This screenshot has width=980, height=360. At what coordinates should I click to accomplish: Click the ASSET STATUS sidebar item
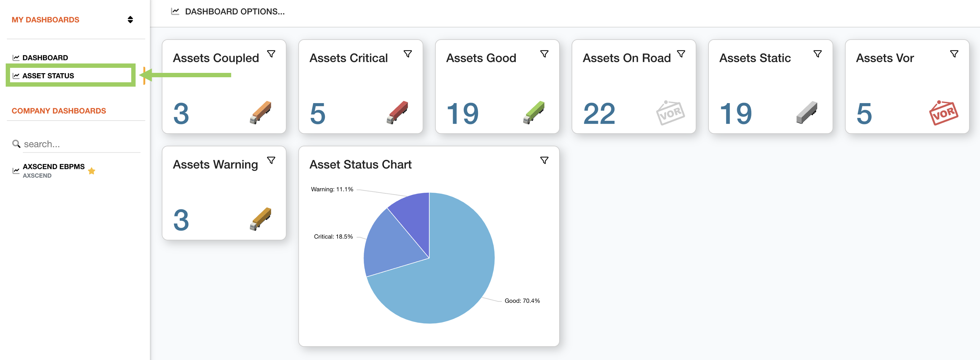48,76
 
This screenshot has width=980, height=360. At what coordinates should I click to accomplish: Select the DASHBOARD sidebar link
45,58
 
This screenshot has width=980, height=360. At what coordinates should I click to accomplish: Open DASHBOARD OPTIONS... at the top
234,11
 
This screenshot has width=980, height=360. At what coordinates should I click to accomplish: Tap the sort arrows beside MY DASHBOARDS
130,20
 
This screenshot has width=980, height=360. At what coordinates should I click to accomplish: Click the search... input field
80,144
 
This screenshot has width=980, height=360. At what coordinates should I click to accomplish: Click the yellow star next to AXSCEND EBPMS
92,171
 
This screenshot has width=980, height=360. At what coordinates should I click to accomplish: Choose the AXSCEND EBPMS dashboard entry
53,167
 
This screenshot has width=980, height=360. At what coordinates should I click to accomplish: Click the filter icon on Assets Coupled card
271,54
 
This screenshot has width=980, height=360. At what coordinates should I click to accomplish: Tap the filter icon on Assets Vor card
954,54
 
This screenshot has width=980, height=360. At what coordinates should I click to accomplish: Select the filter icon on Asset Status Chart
544,161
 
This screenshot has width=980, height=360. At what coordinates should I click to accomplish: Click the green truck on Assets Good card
534,112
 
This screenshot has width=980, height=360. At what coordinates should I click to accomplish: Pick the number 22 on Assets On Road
599,114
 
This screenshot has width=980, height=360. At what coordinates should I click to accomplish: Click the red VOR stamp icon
943,113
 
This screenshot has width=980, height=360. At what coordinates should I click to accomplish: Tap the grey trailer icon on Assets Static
806,112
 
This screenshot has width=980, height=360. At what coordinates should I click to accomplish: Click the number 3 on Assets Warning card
181,220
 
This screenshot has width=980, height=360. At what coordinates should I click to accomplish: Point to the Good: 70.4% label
522,301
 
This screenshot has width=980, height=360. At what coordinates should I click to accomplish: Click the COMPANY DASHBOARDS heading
59,111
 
